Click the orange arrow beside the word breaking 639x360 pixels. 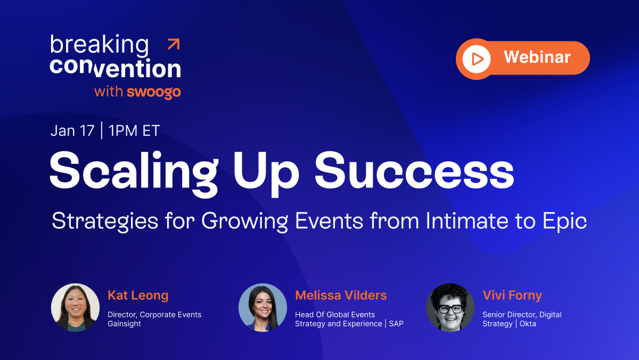[x=174, y=44]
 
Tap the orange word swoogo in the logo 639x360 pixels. [x=154, y=92]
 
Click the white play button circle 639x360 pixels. [x=477, y=58]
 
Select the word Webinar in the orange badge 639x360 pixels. [x=537, y=57]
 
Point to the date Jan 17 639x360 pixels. [x=72, y=131]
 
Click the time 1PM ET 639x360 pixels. [x=134, y=131]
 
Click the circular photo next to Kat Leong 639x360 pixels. [x=75, y=307]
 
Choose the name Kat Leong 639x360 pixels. [x=138, y=295]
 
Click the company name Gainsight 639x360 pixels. [x=124, y=324]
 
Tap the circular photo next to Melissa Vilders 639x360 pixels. [x=263, y=307]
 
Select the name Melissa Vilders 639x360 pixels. [x=341, y=295]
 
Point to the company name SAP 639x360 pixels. [x=396, y=324]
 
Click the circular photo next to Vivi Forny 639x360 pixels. [x=450, y=307]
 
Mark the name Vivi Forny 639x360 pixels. [x=512, y=295]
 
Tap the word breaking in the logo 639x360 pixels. [x=99, y=45]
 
